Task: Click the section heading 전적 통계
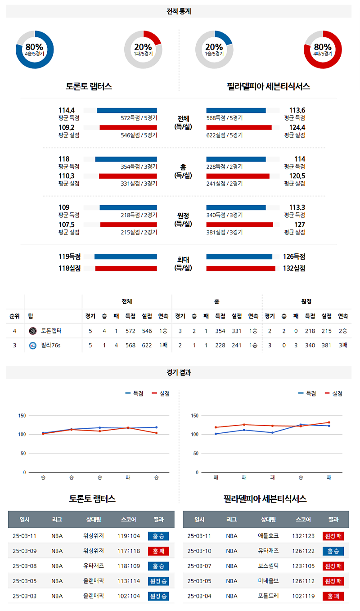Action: pyautogui.click(x=179, y=12)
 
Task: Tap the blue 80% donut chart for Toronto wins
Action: pyautogui.click(x=35, y=49)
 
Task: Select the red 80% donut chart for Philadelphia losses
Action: pyautogui.click(x=323, y=49)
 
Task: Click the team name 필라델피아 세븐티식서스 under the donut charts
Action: pyautogui.click(x=268, y=86)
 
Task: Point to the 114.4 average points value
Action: pyautogui.click(x=66, y=110)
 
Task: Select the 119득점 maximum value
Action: pyautogui.click(x=69, y=256)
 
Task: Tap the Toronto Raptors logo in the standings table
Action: pyautogui.click(x=32, y=331)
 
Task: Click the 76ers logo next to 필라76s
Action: pyautogui.click(x=32, y=346)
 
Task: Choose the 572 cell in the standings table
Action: pyautogui.click(x=130, y=331)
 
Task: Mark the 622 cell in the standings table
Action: pyautogui.click(x=147, y=346)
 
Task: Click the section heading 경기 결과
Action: pyautogui.click(x=179, y=373)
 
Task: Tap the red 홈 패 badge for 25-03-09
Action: pyautogui.click(x=158, y=551)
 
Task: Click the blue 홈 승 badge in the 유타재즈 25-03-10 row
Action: pyautogui.click(x=333, y=551)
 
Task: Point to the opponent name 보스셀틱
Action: pyautogui.click(x=269, y=566)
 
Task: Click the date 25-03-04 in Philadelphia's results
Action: pyautogui.click(x=199, y=596)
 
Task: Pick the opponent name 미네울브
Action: pyautogui.click(x=269, y=581)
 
